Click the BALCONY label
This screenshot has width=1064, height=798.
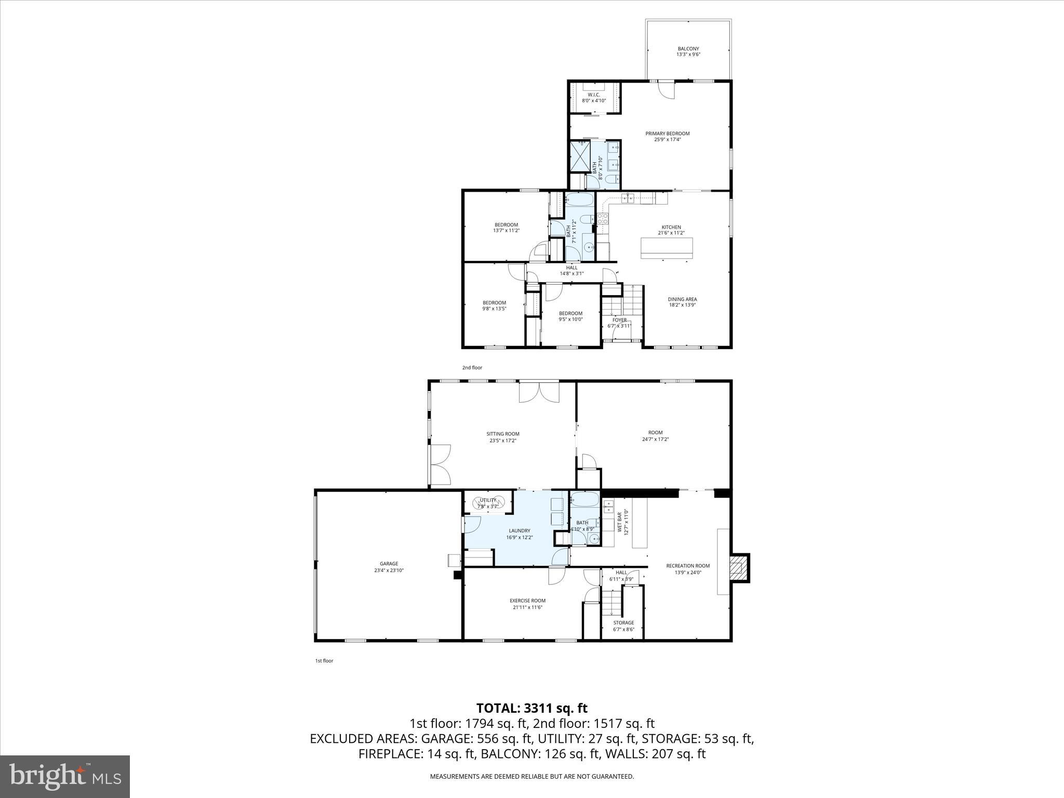coord(688,49)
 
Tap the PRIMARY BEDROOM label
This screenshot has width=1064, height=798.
coord(668,134)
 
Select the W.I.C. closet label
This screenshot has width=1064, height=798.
coord(594,95)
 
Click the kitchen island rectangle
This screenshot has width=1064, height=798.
coord(667,248)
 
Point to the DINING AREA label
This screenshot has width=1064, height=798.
coord(682,299)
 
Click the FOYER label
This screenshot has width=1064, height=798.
coord(619,320)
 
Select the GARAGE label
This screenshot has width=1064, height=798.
coord(389,564)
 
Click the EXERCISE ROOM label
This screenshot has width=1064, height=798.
coord(527,601)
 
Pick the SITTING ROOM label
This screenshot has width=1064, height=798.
coord(503,434)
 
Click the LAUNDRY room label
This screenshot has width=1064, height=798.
coord(520,530)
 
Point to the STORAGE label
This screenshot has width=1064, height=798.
coord(623,622)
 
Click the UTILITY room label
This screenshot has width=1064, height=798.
coord(488,500)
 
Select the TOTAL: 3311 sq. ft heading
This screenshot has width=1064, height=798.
coord(531,708)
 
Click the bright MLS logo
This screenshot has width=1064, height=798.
coord(65,776)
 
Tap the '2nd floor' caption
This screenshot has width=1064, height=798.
coord(472,368)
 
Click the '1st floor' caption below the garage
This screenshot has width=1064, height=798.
coord(324,661)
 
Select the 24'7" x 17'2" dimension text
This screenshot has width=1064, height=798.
coord(655,439)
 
